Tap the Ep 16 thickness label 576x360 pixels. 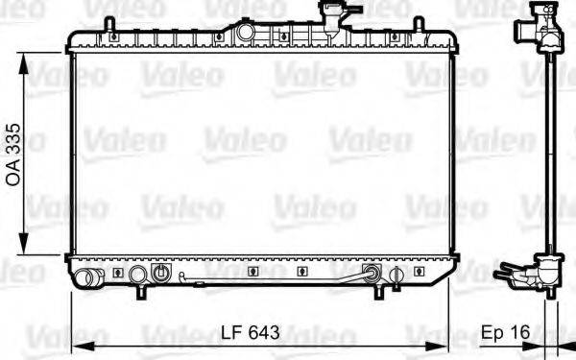click(505, 333)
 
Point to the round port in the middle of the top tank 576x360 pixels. click(246, 32)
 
